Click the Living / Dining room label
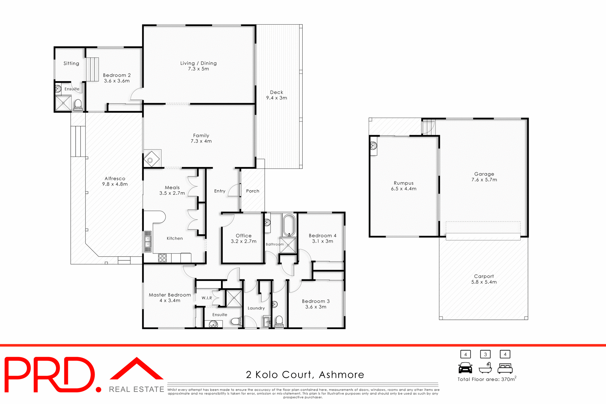[x=198, y=63]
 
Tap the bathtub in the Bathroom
[x=289, y=225]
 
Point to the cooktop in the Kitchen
[x=162, y=258]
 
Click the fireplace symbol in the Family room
[x=151, y=160]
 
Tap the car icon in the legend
[x=465, y=368]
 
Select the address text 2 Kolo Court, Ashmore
[x=305, y=375]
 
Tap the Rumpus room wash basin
[x=374, y=146]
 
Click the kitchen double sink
[x=148, y=241]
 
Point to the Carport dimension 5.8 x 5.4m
[x=484, y=282]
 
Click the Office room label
[x=244, y=235]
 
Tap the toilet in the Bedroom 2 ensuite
[x=78, y=104]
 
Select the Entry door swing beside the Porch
[x=235, y=191]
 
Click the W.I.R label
[x=207, y=298]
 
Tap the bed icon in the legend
[x=505, y=368]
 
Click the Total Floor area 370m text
[x=486, y=379]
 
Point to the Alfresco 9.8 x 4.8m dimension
[x=115, y=184]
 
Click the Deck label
[x=276, y=92]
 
